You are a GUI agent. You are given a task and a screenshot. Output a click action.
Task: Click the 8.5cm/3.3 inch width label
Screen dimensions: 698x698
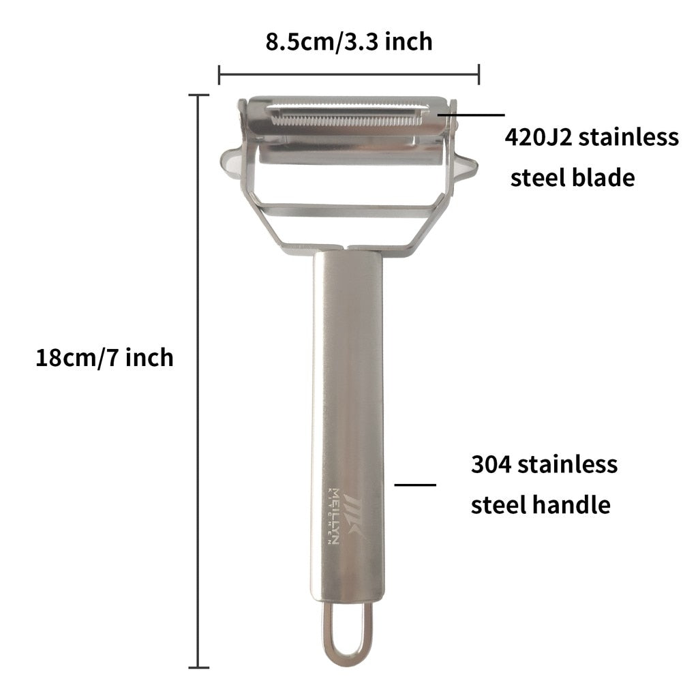(349, 42)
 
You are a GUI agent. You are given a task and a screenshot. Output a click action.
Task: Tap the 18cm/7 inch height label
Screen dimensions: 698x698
(104, 357)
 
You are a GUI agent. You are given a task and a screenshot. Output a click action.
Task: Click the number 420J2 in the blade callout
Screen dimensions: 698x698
(538, 137)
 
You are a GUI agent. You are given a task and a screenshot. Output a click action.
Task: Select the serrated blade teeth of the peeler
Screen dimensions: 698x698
(347, 120)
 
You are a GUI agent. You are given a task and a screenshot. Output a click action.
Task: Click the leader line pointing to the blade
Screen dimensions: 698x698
(471, 115)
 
